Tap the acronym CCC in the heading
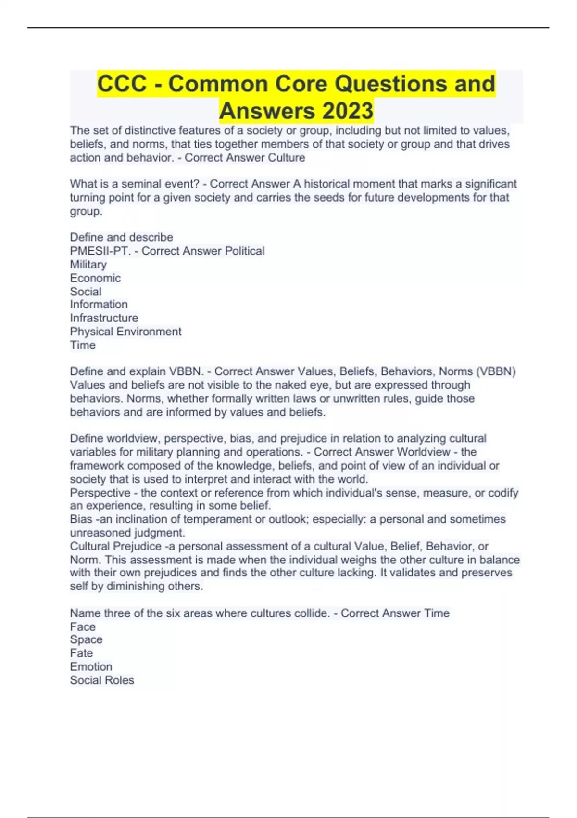(122, 84)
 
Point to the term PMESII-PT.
(100, 251)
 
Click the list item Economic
(95, 278)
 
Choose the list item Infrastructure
(104, 318)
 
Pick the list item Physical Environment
(125, 332)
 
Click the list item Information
(99, 305)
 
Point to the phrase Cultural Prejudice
(115, 546)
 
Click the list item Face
(83, 626)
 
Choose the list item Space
(86, 639)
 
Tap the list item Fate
(81, 653)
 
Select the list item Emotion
(91, 666)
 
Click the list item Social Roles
(102, 680)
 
